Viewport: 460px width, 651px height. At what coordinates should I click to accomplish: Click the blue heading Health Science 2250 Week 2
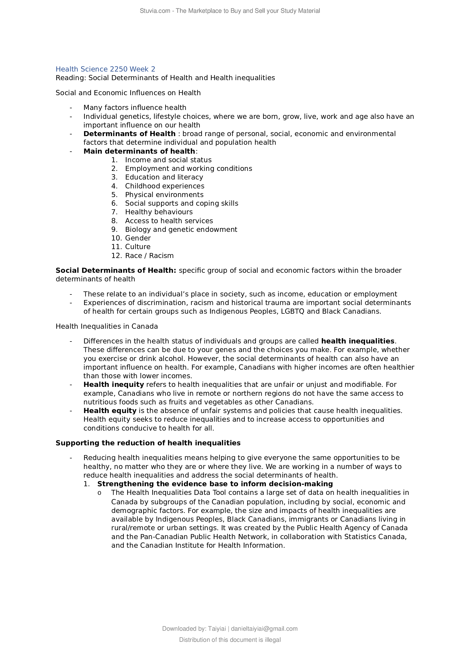105,69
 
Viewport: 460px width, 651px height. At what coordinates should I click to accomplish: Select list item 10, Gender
138,238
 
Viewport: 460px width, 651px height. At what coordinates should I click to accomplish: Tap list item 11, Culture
138,247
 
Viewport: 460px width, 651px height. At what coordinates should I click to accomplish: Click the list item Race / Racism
149,256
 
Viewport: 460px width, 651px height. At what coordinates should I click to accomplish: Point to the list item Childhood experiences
165,186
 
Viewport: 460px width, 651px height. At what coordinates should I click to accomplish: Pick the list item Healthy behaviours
159,212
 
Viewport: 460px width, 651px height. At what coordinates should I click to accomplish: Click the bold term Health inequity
113,385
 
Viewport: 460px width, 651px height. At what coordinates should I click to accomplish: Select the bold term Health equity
110,411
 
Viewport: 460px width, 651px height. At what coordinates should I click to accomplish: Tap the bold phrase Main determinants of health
139,151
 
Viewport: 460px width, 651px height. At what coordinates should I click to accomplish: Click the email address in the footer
264,629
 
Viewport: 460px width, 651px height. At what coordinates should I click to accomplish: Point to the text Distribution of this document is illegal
230,640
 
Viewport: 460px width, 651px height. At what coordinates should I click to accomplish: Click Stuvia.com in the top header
155,11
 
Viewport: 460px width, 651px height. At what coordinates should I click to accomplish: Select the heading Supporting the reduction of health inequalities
148,443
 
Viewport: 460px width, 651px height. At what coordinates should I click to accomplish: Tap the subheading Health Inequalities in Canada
107,327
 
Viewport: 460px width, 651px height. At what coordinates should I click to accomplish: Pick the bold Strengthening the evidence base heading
215,484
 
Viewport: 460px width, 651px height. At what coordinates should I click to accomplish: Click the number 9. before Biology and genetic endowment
114,230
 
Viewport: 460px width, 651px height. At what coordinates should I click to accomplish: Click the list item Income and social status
168,160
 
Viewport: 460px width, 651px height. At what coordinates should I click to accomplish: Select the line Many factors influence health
135,108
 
